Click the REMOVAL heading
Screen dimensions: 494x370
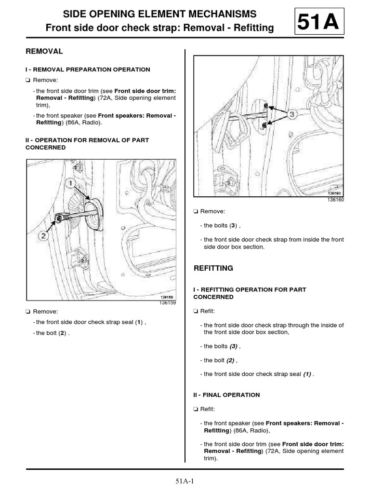pyautogui.click(x=44, y=51)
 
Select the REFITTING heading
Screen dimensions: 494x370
pyautogui.click(x=213, y=268)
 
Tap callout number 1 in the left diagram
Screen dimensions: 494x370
pyautogui.click(x=69, y=184)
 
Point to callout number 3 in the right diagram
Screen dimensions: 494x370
pyautogui.click(x=292, y=114)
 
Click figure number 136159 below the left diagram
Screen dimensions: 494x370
pyautogui.click(x=167, y=303)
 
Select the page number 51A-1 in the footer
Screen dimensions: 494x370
pyautogui.click(x=185, y=481)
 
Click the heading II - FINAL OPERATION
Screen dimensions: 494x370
pyautogui.click(x=226, y=395)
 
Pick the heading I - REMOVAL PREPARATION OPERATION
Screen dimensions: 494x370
pyautogui.click(x=88, y=69)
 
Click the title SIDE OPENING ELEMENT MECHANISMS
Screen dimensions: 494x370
pyautogui.click(x=160, y=14)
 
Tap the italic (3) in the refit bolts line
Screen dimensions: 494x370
pyautogui.click(x=234, y=346)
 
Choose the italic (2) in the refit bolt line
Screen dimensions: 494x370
pyautogui.click(x=231, y=360)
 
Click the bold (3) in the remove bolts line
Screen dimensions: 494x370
pyautogui.click(x=233, y=225)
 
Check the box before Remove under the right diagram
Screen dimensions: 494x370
pyautogui.click(x=195, y=211)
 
